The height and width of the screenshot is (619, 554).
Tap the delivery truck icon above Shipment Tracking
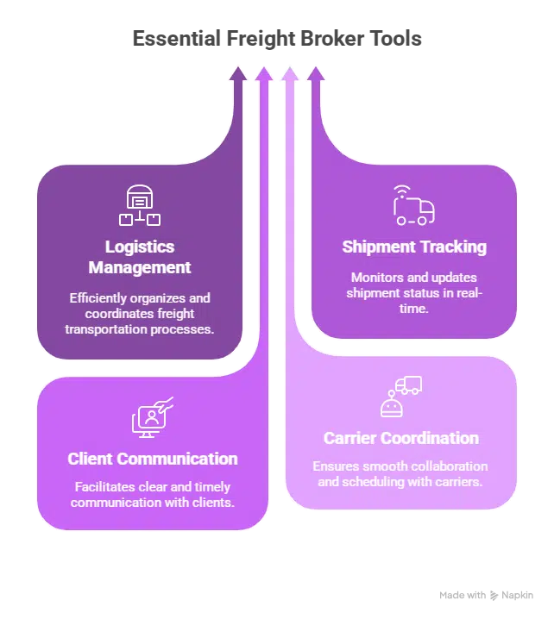pyautogui.click(x=413, y=204)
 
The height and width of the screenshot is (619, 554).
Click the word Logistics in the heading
pyautogui.click(x=139, y=247)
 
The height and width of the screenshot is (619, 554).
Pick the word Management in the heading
pyautogui.click(x=139, y=267)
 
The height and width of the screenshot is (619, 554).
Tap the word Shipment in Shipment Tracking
pyautogui.click(x=378, y=247)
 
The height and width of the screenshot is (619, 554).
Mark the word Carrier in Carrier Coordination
pyautogui.click(x=350, y=439)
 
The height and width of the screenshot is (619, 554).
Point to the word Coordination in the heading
pyautogui.click(x=429, y=439)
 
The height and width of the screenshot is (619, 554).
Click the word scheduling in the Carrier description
pyautogui.click(x=374, y=482)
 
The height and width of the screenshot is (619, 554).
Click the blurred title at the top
pyautogui.click(x=278, y=39)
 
